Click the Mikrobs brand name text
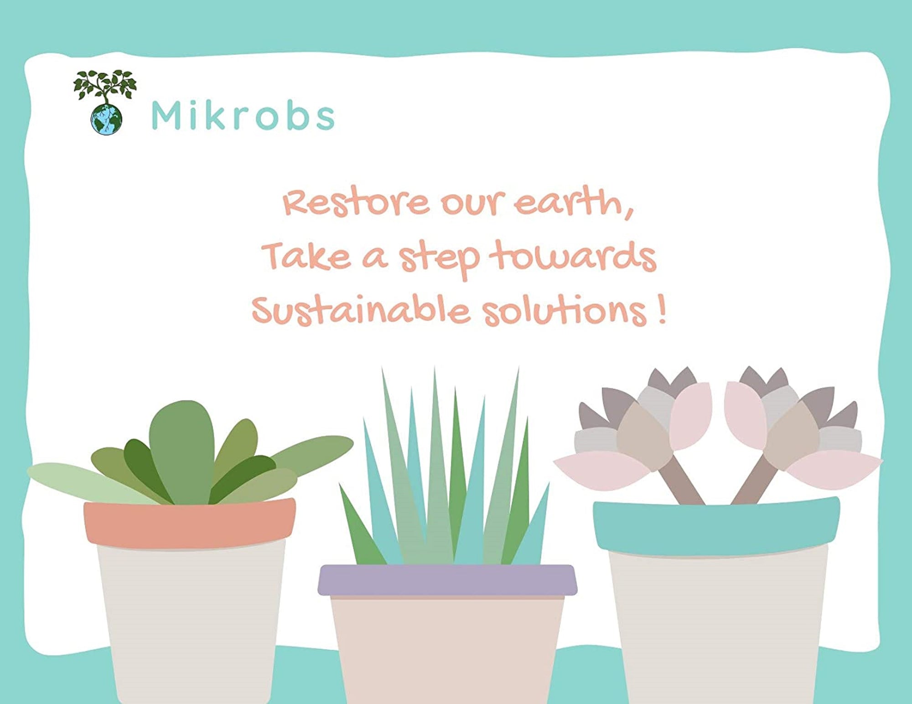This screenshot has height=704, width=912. point(243,116)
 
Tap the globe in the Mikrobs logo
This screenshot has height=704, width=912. point(107,119)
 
